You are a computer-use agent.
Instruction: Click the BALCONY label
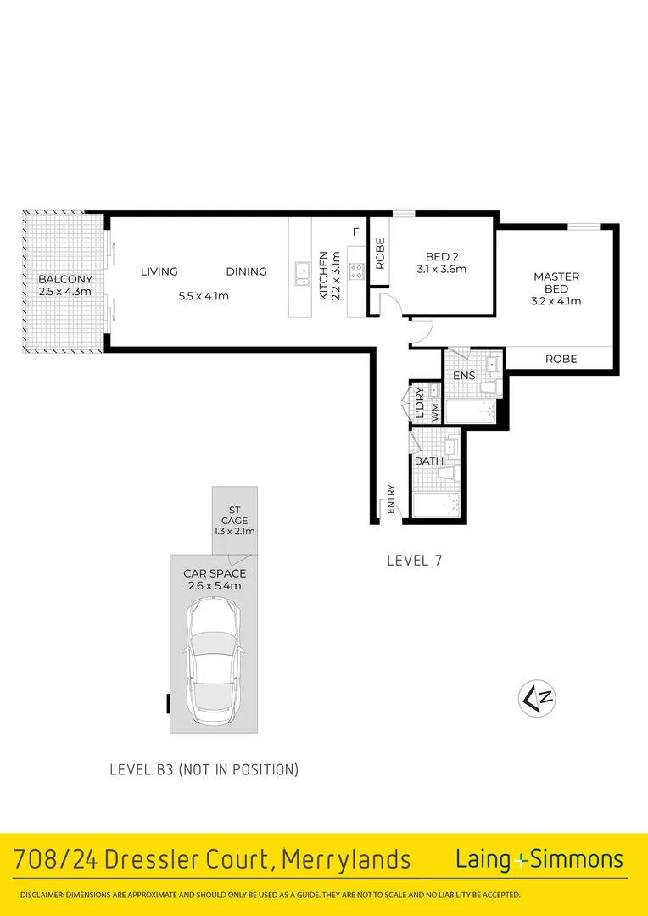64,279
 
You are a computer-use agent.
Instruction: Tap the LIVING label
159,271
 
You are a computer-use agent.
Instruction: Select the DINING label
246,271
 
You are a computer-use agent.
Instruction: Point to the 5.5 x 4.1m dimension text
204,296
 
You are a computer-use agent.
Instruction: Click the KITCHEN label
323,276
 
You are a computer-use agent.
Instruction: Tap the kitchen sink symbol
301,272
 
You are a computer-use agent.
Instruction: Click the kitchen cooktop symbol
357,272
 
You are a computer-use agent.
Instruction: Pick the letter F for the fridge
356,232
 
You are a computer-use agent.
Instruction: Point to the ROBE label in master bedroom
561,359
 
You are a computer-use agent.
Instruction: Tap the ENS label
464,375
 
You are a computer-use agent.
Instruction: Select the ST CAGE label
234,515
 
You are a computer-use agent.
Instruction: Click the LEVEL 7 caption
414,560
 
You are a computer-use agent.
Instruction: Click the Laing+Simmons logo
539,859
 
